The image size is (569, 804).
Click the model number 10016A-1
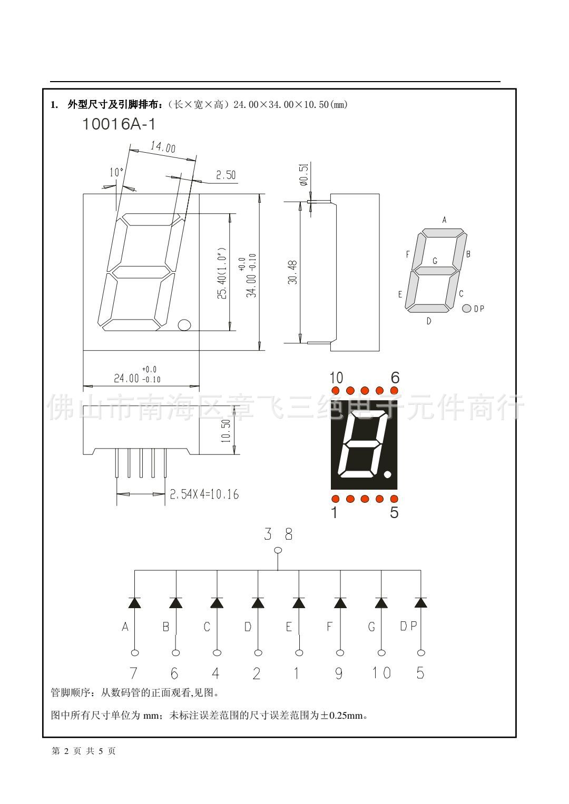point(119,125)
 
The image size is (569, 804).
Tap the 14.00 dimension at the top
point(163,147)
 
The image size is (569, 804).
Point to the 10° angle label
point(116,172)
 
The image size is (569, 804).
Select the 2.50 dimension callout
point(225,175)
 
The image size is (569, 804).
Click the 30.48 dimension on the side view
point(293,272)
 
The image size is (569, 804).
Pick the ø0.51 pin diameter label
point(303,174)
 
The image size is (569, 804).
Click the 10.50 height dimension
point(226,430)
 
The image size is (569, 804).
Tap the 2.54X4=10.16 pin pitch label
point(204,494)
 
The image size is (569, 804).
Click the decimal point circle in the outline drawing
point(184,325)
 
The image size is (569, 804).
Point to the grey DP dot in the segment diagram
point(466,309)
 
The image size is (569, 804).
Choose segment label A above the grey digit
point(444,220)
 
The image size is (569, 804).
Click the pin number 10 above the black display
point(336,378)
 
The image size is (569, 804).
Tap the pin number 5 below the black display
point(394,512)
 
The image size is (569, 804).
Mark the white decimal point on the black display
point(388,475)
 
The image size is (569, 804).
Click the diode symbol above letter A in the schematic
point(134,603)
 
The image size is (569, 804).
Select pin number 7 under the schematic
point(134,673)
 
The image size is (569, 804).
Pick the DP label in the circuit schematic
point(408,626)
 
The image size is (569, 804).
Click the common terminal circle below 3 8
point(278,551)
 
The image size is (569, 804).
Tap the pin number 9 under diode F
point(339,673)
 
